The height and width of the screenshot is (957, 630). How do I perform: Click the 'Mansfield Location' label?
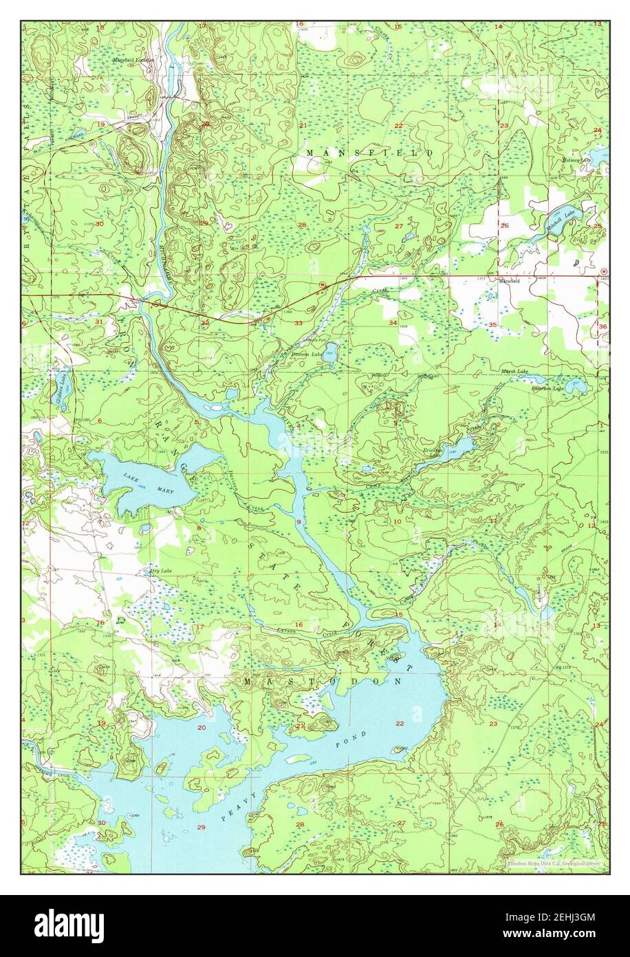click(x=134, y=61)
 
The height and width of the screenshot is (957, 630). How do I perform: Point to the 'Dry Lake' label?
click(x=160, y=571)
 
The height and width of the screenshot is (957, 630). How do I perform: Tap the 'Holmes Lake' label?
click(x=576, y=160)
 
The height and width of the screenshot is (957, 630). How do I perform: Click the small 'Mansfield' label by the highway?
click(x=509, y=282)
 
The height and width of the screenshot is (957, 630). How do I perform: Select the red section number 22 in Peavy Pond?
click(x=400, y=724)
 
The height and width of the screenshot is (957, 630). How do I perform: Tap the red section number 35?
click(x=492, y=324)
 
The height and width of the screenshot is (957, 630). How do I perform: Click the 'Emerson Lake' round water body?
click(x=576, y=388)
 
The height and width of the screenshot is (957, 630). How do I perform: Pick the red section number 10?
click(x=397, y=521)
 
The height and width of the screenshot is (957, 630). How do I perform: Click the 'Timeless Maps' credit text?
click(x=554, y=863)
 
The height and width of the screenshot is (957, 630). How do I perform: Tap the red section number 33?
click(x=298, y=323)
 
